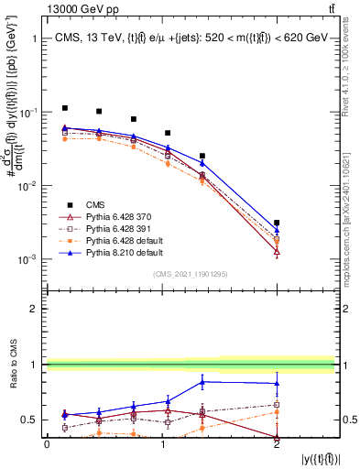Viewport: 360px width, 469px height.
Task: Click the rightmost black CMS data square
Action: point(277,223)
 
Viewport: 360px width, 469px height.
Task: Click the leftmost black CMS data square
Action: point(64,108)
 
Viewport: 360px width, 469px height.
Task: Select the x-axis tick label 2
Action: point(277,443)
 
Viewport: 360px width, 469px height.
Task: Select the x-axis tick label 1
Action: point(162,443)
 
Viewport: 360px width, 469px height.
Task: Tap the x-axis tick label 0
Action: point(47,443)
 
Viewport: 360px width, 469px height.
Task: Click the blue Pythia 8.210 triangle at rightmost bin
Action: point(277,230)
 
